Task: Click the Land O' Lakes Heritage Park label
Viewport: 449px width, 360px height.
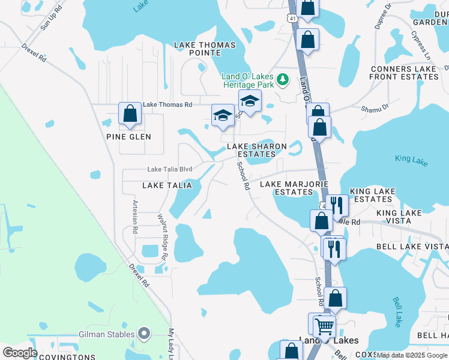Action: (247, 81)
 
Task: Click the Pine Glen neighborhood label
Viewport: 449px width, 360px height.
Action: (128, 137)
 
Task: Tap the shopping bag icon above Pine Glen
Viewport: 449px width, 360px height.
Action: (130, 113)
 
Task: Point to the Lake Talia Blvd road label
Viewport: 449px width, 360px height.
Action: (170, 170)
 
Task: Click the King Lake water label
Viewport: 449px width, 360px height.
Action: (411, 158)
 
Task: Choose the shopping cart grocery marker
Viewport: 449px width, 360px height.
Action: (324, 327)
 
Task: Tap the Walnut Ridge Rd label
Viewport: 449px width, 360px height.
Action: (162, 237)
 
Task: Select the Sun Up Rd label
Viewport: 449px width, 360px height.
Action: (52, 19)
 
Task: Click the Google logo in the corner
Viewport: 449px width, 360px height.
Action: (20, 353)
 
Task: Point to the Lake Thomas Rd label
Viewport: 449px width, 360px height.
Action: (167, 104)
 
